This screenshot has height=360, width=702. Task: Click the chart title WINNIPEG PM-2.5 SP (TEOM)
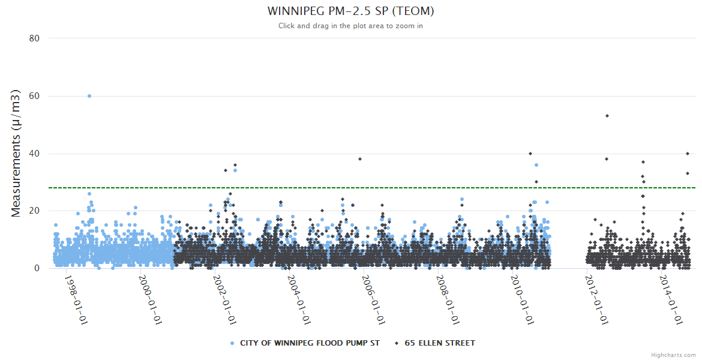coord(350,11)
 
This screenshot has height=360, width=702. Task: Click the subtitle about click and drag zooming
coord(350,26)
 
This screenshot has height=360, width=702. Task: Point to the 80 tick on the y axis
coord(34,38)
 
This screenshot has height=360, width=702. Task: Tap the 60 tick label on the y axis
coord(34,96)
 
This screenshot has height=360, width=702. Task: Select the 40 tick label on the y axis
coord(34,154)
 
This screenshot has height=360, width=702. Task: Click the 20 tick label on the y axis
coord(34,211)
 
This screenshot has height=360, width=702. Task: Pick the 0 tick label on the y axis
coord(37,268)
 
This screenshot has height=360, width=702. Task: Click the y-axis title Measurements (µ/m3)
coord(17,153)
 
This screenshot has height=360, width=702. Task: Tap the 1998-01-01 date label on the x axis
coord(76,299)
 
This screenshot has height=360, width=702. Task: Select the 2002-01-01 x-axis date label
coord(225,299)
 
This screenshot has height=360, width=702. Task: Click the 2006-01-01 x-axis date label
coord(374,299)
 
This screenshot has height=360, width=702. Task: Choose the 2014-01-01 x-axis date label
coord(671,299)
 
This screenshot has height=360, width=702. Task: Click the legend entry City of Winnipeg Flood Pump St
coord(305,343)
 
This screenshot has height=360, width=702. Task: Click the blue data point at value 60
coord(89,96)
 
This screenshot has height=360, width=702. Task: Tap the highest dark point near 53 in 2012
coord(607,116)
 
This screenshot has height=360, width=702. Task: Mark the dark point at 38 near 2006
coord(360,159)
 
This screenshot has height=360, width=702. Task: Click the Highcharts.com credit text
coord(673,355)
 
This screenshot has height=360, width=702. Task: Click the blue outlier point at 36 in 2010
coord(536,165)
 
